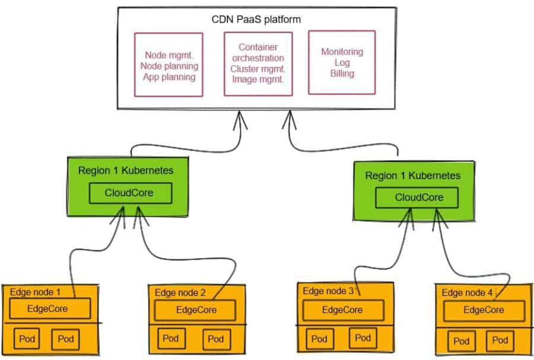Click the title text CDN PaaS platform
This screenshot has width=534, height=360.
pyautogui.click(x=256, y=20)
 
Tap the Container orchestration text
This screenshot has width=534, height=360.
pyautogui.click(x=258, y=52)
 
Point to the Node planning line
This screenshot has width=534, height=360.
pyautogui.click(x=169, y=66)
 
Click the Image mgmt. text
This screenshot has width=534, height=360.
pyautogui.click(x=258, y=79)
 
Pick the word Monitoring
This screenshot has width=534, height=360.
pyautogui.click(x=342, y=52)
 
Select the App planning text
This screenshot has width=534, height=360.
pyautogui.click(x=169, y=77)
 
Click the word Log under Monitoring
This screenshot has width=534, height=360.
pyautogui.click(x=342, y=63)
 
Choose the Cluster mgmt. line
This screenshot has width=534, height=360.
pyautogui.click(x=258, y=68)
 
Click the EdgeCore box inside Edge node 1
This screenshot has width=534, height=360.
pyautogui.click(x=49, y=308)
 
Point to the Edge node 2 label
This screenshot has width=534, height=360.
pyautogui.click(x=180, y=292)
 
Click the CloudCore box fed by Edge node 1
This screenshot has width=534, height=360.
pyautogui.click(x=131, y=193)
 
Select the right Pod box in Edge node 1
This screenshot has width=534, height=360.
pyautogui.click(x=64, y=339)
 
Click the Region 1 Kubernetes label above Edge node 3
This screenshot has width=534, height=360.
pyautogui.click(x=412, y=176)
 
